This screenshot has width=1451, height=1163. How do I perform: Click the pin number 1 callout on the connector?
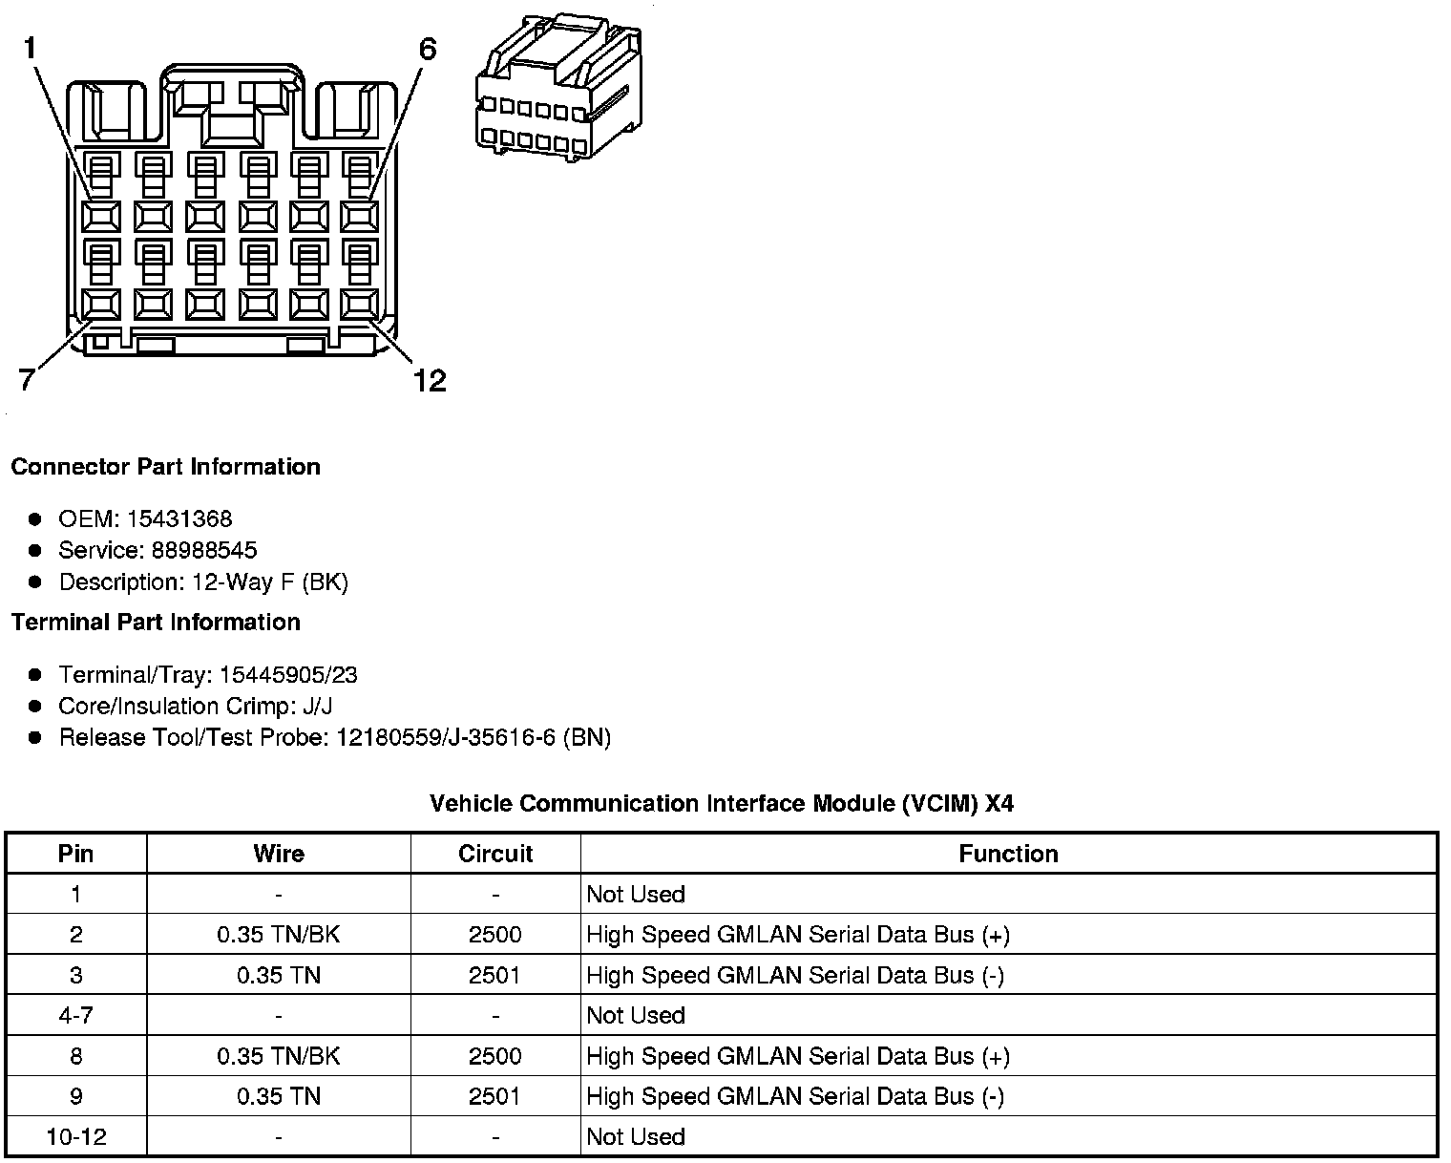[31, 48]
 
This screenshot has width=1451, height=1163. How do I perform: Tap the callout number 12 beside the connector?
[430, 381]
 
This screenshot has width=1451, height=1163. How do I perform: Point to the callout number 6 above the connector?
[427, 49]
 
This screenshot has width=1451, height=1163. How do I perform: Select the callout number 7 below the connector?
[28, 380]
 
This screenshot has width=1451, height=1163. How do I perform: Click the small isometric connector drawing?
[558, 87]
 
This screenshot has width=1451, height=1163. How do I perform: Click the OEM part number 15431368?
[179, 519]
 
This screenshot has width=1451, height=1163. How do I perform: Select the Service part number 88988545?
[203, 550]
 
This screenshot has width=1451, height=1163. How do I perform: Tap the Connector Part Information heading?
[165, 467]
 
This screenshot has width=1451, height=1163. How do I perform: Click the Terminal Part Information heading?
[156, 623]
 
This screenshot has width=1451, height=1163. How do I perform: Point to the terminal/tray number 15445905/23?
[288, 675]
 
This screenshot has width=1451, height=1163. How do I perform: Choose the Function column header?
[1008, 854]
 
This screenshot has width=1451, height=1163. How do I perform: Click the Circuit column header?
[495, 854]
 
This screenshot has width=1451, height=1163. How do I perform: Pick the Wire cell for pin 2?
[278, 935]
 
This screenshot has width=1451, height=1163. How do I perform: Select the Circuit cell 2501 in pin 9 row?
[495, 1096]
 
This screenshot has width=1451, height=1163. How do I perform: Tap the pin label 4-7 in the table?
[76, 1015]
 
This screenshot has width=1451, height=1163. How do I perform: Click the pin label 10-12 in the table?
[76, 1137]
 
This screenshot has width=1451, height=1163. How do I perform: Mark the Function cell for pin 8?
[798, 1056]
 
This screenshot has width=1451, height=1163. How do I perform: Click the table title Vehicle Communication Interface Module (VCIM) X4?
[722, 804]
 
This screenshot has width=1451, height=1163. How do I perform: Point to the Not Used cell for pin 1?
[636, 895]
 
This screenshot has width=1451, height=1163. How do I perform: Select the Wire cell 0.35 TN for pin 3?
[278, 975]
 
